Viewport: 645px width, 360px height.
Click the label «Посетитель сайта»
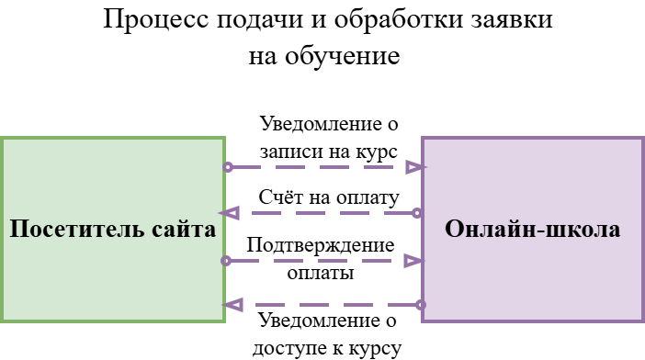(113, 230)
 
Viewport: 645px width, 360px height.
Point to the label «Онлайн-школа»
(532, 230)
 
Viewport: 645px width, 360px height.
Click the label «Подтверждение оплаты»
(321, 259)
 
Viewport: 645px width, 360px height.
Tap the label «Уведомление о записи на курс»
(328, 137)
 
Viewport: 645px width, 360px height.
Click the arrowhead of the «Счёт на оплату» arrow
(232, 213)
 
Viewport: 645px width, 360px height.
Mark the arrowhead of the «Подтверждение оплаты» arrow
(415, 261)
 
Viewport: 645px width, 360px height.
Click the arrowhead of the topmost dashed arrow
(415, 167)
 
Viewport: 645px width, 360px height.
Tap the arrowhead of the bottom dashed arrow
(232, 304)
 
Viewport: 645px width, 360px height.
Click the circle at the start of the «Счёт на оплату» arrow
(417, 213)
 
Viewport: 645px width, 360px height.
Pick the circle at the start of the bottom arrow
(421, 304)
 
